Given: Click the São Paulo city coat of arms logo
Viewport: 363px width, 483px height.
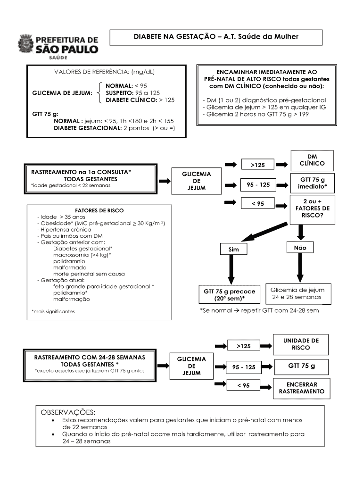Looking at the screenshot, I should tap(26, 45).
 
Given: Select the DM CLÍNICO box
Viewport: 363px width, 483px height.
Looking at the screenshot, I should tap(312, 160).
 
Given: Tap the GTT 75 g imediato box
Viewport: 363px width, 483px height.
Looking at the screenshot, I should tap(313, 183).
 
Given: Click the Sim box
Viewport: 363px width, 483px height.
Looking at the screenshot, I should tap(233, 249).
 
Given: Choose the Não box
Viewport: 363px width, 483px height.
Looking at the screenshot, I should tap(300, 247).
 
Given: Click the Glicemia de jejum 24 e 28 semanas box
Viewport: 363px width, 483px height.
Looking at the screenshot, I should tap(298, 293).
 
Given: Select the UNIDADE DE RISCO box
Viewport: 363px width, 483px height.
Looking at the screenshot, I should tap(301, 344).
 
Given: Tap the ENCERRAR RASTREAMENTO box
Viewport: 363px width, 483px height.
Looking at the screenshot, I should tap(301, 388).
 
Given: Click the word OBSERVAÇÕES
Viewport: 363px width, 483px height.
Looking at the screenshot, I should tap(68, 412).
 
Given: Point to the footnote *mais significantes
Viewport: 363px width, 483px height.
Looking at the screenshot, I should tap(53, 311).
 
